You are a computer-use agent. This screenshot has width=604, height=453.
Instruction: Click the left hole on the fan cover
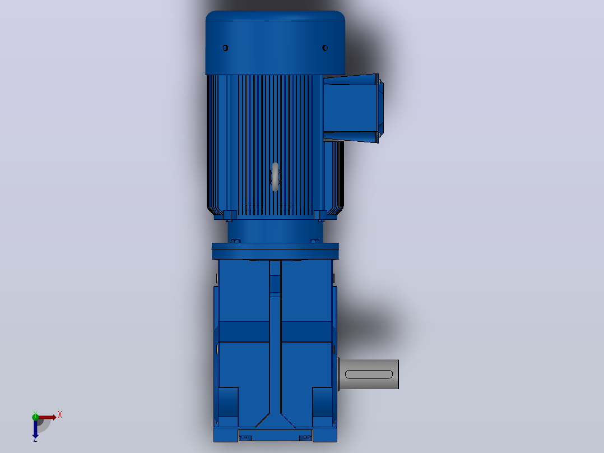click(225, 48)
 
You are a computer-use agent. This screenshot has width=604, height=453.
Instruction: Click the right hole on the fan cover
click(325, 48)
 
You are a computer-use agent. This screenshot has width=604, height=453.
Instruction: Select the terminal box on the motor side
click(353, 108)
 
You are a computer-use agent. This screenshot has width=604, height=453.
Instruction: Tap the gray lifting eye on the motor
click(275, 177)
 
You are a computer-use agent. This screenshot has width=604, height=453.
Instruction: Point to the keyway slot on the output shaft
click(369, 375)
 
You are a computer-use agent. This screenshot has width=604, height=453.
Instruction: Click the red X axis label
click(60, 415)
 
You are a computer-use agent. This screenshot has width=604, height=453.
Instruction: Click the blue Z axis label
click(35, 439)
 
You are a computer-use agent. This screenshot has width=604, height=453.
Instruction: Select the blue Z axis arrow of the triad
click(35, 428)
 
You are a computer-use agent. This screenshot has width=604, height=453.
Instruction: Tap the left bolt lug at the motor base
click(230, 215)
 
